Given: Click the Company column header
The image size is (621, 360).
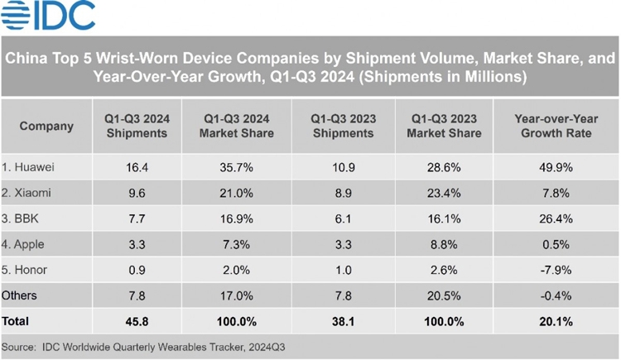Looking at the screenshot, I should [46, 126].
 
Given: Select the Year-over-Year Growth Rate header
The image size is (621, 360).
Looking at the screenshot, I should [556, 126].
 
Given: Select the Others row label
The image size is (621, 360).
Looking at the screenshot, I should [19, 295].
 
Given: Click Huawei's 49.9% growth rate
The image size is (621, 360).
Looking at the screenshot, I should [556, 166].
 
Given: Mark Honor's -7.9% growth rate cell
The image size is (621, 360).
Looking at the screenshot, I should [556, 270].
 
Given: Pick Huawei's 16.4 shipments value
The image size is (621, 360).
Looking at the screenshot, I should [137, 166].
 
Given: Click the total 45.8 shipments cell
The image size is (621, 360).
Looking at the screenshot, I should [137, 320].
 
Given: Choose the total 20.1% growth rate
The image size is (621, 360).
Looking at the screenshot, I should [556, 320].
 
